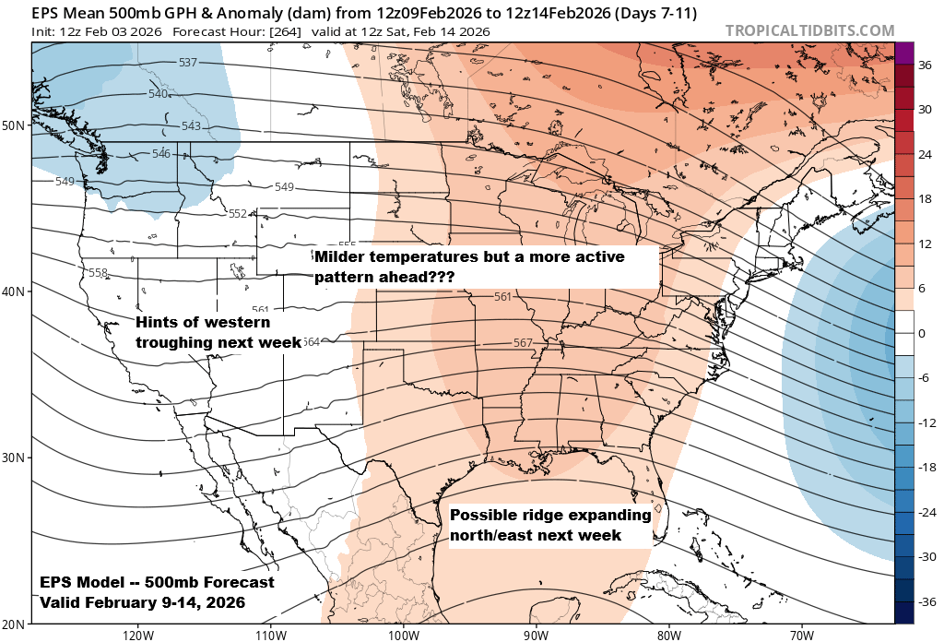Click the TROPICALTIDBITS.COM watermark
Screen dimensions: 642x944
click(x=809, y=30)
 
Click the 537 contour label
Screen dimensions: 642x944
click(x=188, y=63)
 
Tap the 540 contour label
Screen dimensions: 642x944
click(x=158, y=94)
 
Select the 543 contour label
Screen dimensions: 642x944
click(x=191, y=126)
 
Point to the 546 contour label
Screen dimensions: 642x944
click(x=161, y=153)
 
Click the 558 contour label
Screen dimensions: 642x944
click(x=99, y=273)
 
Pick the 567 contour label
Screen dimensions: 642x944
click(x=523, y=343)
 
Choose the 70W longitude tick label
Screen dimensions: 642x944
click(x=801, y=635)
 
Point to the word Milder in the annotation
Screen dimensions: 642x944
click(x=341, y=256)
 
